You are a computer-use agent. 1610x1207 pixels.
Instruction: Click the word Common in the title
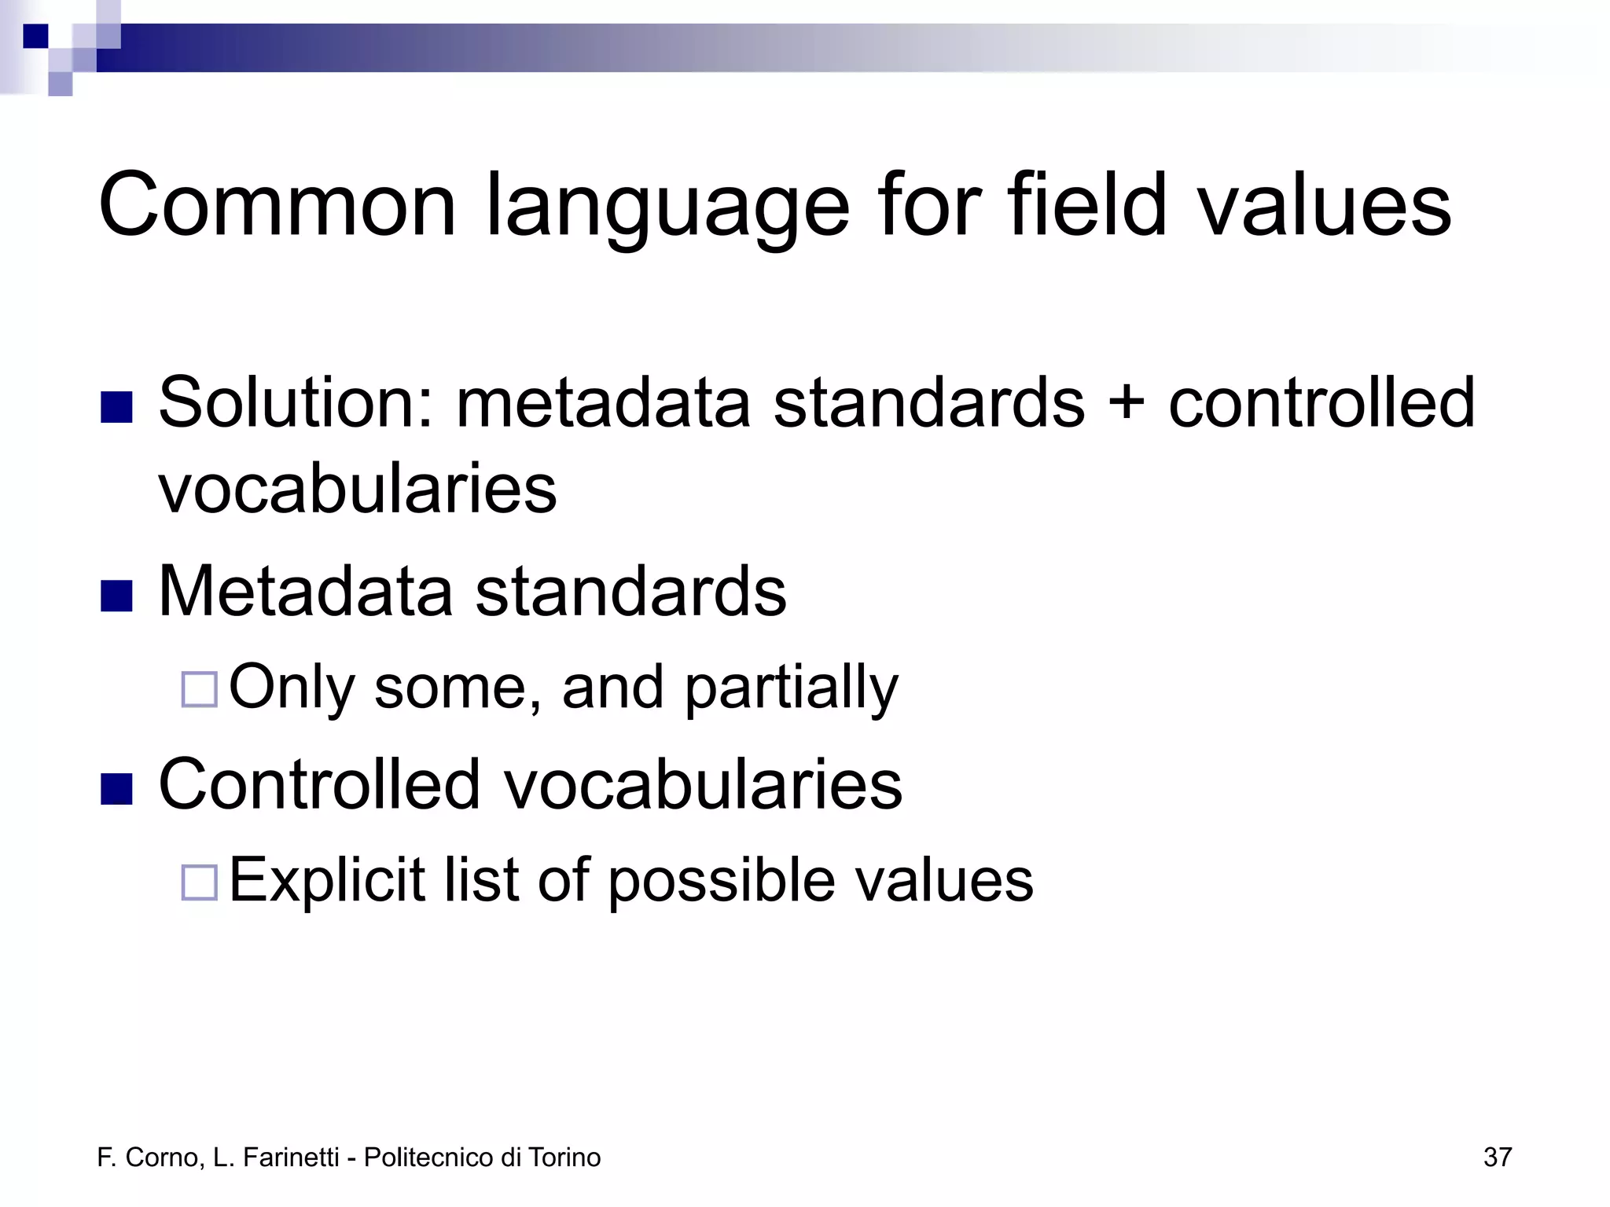click(277, 206)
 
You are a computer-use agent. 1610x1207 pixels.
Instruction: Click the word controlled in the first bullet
click(1321, 402)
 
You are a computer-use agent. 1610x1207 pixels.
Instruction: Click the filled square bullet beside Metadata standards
click(116, 596)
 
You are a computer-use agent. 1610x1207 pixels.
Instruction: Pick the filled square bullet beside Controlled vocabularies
click(116, 789)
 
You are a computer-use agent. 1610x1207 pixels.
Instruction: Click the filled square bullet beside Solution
click(116, 407)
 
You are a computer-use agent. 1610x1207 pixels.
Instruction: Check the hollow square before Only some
click(199, 689)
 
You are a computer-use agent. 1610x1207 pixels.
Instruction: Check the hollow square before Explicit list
click(199, 882)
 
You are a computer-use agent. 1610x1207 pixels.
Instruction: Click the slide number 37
click(1497, 1157)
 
